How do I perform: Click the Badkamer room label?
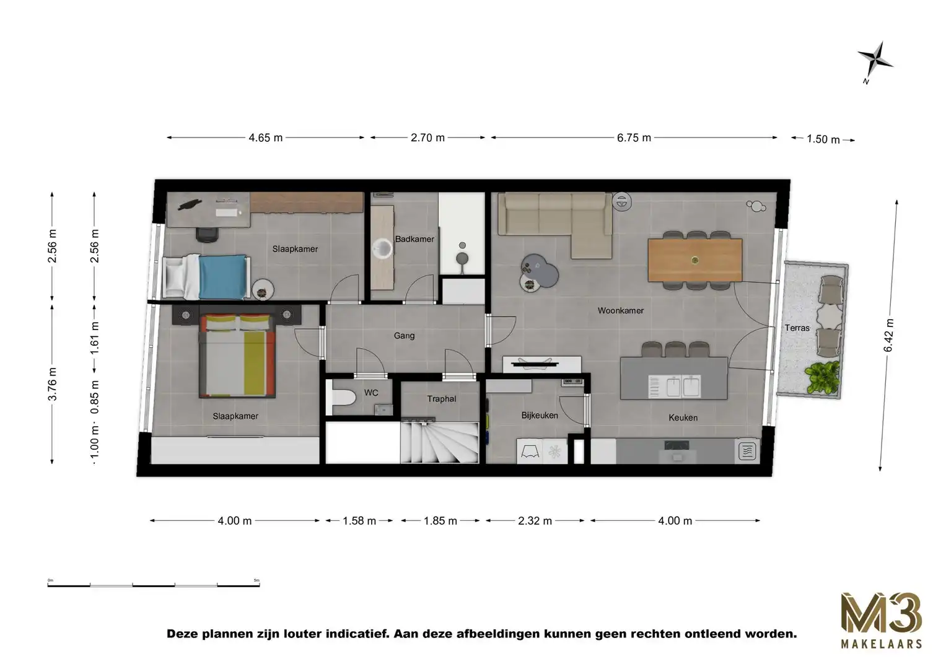click(x=414, y=239)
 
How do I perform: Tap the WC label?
click(x=371, y=393)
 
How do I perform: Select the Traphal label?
click(x=441, y=399)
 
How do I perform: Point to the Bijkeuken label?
click(x=539, y=415)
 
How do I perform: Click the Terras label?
click(x=797, y=328)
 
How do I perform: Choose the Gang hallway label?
click(x=404, y=336)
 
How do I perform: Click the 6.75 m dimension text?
click(x=634, y=138)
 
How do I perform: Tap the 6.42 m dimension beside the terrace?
click(x=889, y=335)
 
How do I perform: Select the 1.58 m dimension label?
click(x=359, y=521)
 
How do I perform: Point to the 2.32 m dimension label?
click(x=535, y=521)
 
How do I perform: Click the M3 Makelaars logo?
click(x=880, y=620)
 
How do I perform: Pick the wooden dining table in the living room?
click(x=694, y=260)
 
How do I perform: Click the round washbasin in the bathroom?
click(x=383, y=249)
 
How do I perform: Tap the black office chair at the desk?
click(x=207, y=233)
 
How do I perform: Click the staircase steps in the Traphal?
click(x=440, y=440)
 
